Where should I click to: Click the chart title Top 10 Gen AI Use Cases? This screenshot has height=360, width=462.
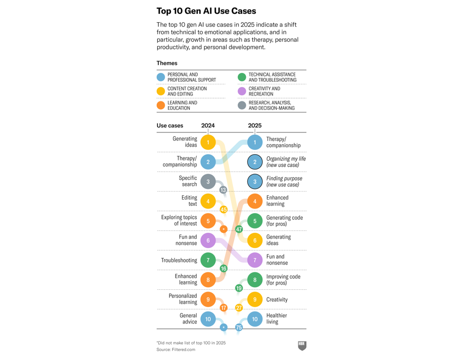point(206,11)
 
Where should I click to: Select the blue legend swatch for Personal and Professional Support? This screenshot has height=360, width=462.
point(161,77)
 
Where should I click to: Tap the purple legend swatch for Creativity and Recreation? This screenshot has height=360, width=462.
point(242,91)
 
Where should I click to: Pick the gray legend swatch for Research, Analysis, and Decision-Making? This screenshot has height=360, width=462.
point(242,105)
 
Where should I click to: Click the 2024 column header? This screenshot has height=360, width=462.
point(208,126)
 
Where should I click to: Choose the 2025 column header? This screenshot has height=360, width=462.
point(255,126)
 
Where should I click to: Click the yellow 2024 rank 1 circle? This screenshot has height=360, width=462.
point(208,142)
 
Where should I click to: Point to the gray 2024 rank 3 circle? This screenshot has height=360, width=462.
point(208,182)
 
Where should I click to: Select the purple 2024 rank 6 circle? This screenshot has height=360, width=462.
point(208,241)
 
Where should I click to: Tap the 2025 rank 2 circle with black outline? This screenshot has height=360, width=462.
point(255,162)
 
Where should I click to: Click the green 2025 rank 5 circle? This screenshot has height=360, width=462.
point(255,221)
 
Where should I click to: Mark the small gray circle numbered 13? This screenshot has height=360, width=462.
point(223,190)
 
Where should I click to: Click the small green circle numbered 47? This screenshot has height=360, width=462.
point(239,230)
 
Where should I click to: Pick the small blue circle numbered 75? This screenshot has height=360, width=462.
point(239,328)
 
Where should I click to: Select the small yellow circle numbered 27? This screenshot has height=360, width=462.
point(239,308)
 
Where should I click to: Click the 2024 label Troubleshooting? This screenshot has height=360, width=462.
point(179,260)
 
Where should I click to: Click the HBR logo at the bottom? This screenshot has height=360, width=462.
point(302,346)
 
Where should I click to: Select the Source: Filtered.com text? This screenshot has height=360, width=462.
point(176,349)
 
